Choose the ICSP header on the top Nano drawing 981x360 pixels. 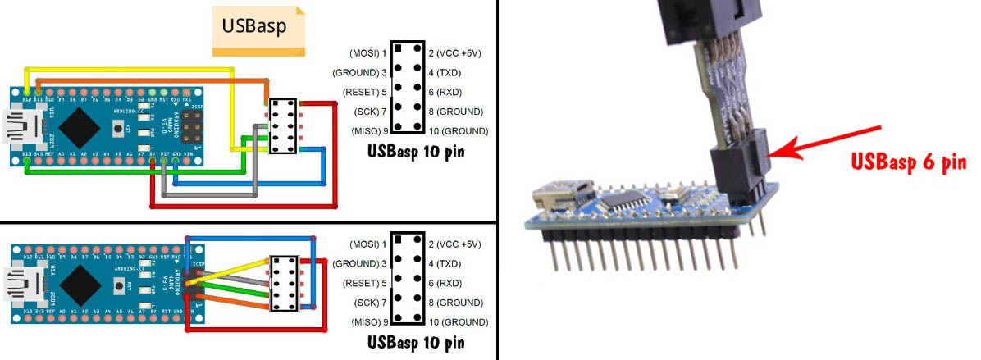coord(192,125)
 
